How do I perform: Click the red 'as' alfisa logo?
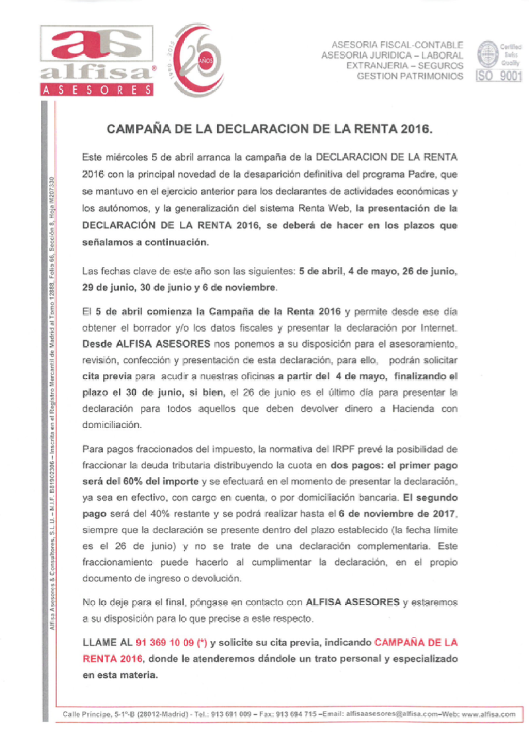click(x=97, y=48)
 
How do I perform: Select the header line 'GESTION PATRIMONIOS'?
click(x=410, y=77)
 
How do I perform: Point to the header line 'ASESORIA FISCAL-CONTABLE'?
click(x=397, y=44)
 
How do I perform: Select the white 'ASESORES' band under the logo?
click(x=97, y=89)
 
